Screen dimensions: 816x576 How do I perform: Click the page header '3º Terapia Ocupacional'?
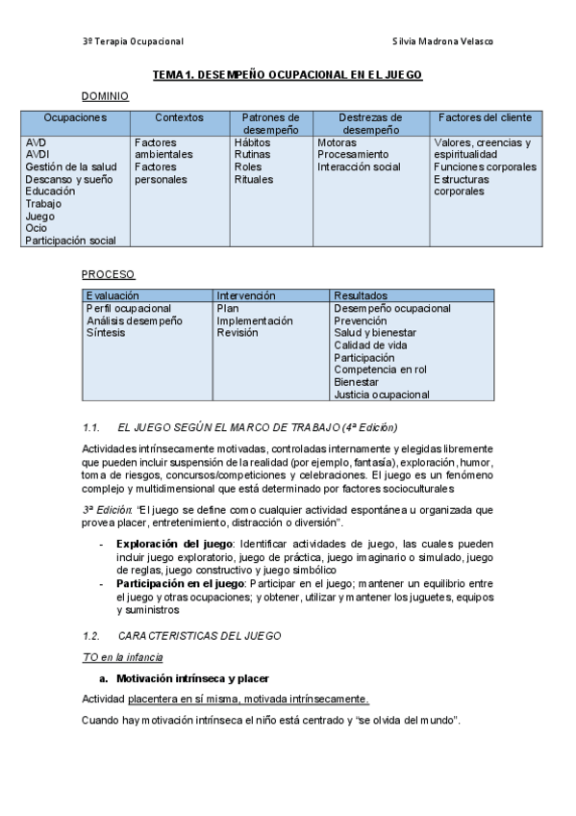click(x=133, y=41)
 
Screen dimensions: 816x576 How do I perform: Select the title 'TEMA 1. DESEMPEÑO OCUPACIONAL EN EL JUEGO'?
click(x=288, y=74)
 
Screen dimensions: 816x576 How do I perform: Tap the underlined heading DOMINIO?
click(x=105, y=96)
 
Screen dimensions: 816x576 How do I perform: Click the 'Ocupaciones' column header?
click(x=75, y=117)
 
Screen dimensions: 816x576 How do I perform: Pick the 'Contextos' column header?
click(x=179, y=117)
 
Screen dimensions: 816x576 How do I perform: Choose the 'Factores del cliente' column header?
click(x=485, y=117)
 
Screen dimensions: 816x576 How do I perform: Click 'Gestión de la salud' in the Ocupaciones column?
click(x=71, y=166)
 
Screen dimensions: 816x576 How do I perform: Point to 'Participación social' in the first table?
click(x=70, y=241)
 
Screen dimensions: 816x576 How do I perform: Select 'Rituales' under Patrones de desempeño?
click(x=254, y=179)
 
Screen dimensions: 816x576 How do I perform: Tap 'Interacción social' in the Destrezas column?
click(x=359, y=166)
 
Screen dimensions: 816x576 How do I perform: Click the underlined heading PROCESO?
click(x=108, y=274)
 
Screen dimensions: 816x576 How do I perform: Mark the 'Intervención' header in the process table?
click(x=246, y=295)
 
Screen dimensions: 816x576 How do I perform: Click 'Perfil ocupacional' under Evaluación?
click(x=130, y=308)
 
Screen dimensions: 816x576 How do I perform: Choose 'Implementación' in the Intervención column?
click(x=255, y=320)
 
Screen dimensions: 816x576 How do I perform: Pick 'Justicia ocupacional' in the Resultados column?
click(x=381, y=395)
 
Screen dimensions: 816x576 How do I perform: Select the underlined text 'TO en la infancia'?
click(x=122, y=657)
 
